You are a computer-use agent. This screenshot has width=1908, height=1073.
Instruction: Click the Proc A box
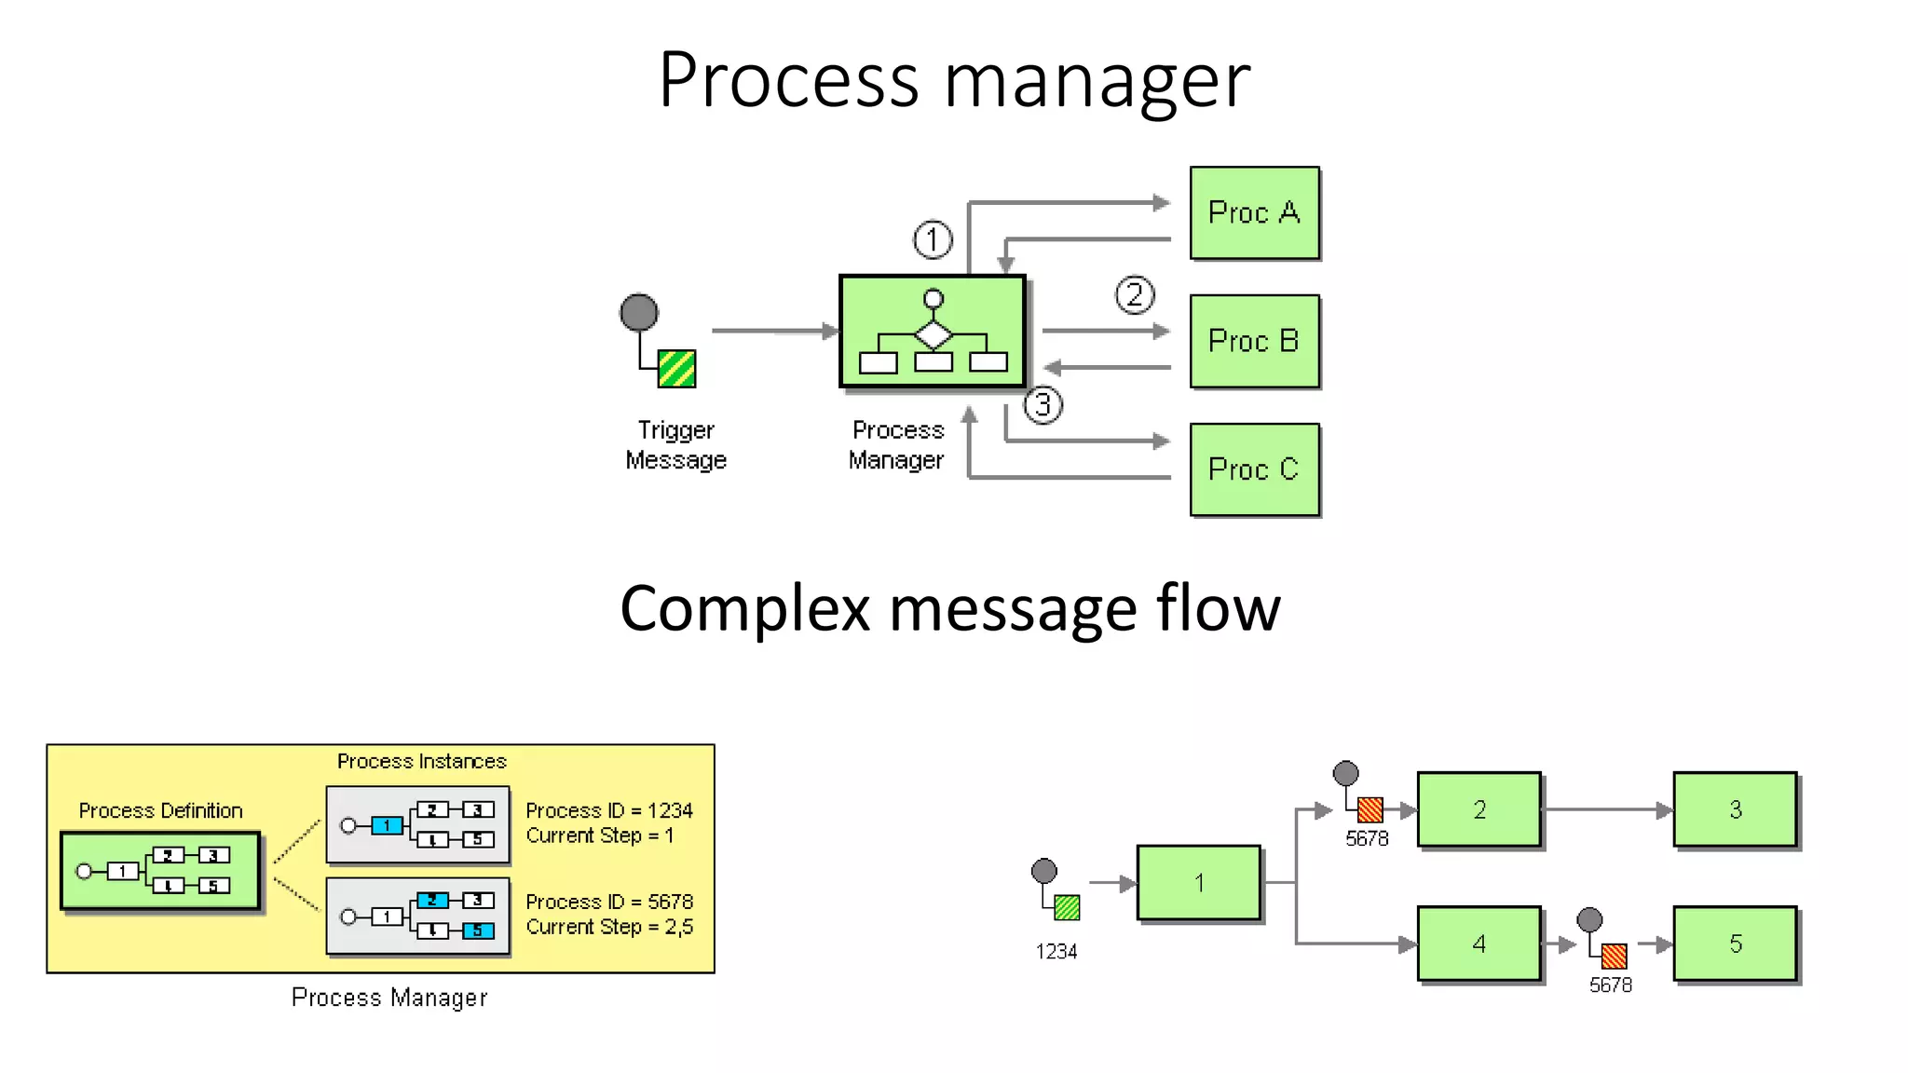coord(1254,212)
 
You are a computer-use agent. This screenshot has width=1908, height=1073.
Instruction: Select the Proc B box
coord(1254,341)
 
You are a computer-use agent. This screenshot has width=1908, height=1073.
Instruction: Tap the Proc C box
coord(1254,469)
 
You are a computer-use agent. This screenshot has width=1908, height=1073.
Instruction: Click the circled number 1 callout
coord(933,239)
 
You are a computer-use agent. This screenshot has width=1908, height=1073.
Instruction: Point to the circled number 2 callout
coord(1134,295)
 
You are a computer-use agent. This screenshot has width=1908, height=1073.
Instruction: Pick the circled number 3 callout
coord(1043,405)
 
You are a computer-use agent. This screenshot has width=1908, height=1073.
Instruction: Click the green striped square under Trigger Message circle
coord(676,369)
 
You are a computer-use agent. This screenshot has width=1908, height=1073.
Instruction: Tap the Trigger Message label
coord(675,445)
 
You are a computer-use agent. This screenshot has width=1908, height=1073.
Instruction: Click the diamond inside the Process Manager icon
coord(934,334)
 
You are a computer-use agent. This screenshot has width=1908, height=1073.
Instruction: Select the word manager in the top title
coord(1097,80)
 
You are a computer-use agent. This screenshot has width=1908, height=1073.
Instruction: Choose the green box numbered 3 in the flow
coord(1735,809)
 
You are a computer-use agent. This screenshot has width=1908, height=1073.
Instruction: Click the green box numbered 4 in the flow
coord(1479,944)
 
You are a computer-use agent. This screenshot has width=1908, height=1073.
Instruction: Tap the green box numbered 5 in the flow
coord(1735,944)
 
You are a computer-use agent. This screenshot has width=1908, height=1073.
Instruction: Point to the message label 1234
coord(1056,952)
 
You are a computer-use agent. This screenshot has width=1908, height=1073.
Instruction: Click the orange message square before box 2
coord(1370,808)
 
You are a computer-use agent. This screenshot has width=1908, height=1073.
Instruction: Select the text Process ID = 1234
coord(609,810)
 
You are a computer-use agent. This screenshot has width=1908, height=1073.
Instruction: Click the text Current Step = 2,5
coord(609,927)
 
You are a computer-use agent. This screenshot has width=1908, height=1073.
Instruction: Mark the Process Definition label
coord(160,810)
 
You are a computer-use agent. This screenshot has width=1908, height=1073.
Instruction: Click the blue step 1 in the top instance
coord(387,825)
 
